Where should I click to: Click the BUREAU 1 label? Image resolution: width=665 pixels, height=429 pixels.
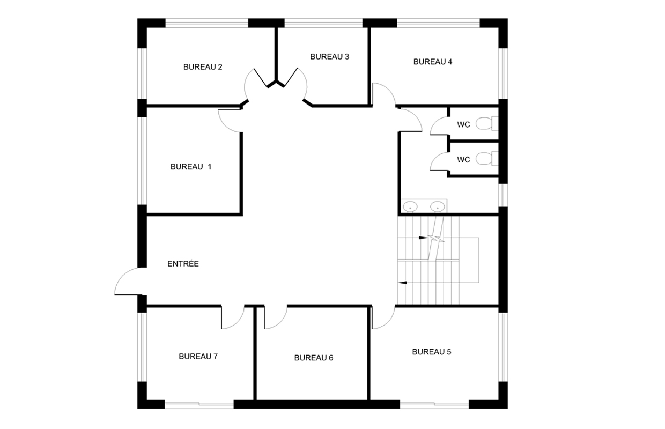coord(190,167)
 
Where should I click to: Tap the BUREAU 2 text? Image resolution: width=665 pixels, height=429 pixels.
coord(203,67)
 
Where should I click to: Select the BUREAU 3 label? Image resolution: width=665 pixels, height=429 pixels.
coord(329,57)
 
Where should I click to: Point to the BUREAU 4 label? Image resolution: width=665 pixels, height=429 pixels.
coord(433,62)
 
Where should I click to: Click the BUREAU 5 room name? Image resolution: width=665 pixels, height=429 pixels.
coord(432,352)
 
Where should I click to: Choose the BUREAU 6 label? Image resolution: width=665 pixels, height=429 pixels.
coord(314,358)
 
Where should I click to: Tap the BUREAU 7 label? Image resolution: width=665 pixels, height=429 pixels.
coord(198,356)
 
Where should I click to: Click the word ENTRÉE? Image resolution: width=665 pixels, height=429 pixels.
coord(183,264)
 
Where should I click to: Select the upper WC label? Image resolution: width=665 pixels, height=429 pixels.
coord(463,125)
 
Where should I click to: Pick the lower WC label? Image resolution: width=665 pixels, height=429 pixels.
coord(463,160)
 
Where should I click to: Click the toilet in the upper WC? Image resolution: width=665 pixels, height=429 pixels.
coord(487,123)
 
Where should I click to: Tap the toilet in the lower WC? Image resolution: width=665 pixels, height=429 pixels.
coord(487,159)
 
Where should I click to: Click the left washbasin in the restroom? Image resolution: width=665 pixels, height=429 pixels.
coord(410,206)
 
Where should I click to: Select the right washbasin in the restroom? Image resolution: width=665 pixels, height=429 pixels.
coord(437,206)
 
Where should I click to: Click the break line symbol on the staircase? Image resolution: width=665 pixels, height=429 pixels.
coord(436,238)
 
